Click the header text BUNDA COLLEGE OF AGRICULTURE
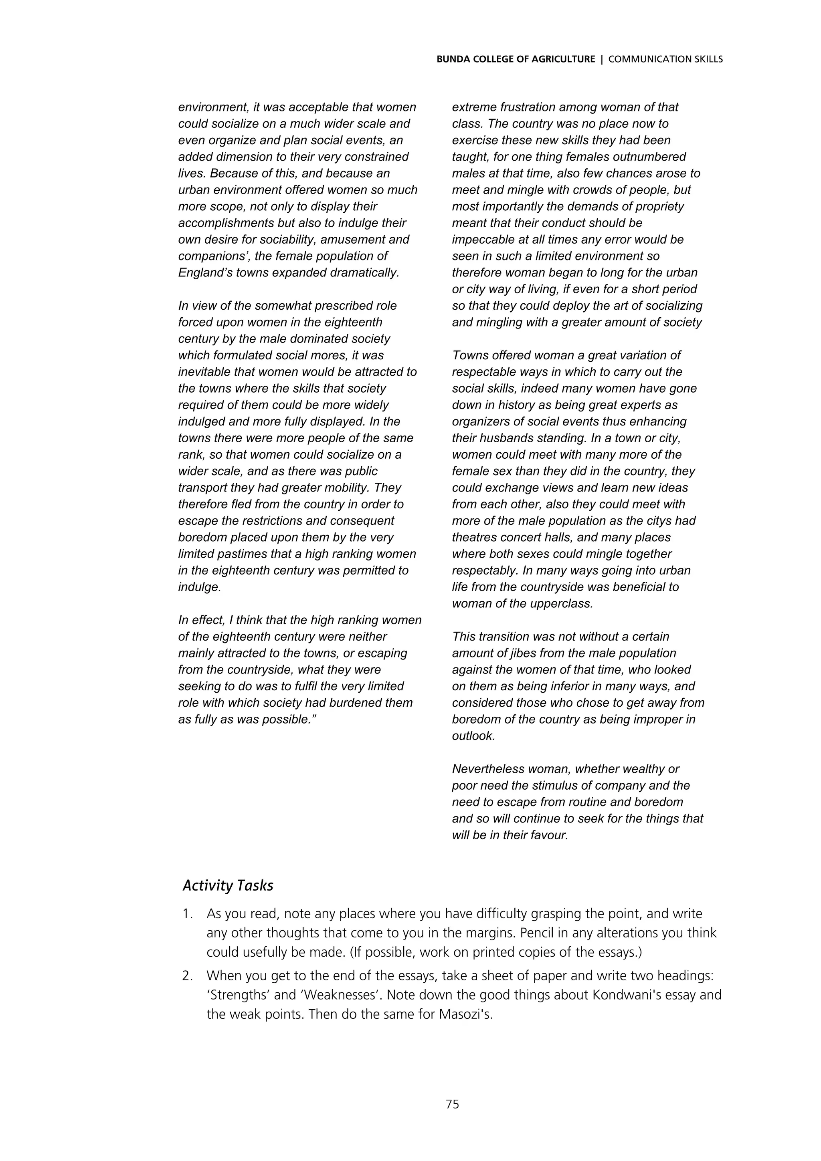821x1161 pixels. [516, 59]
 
